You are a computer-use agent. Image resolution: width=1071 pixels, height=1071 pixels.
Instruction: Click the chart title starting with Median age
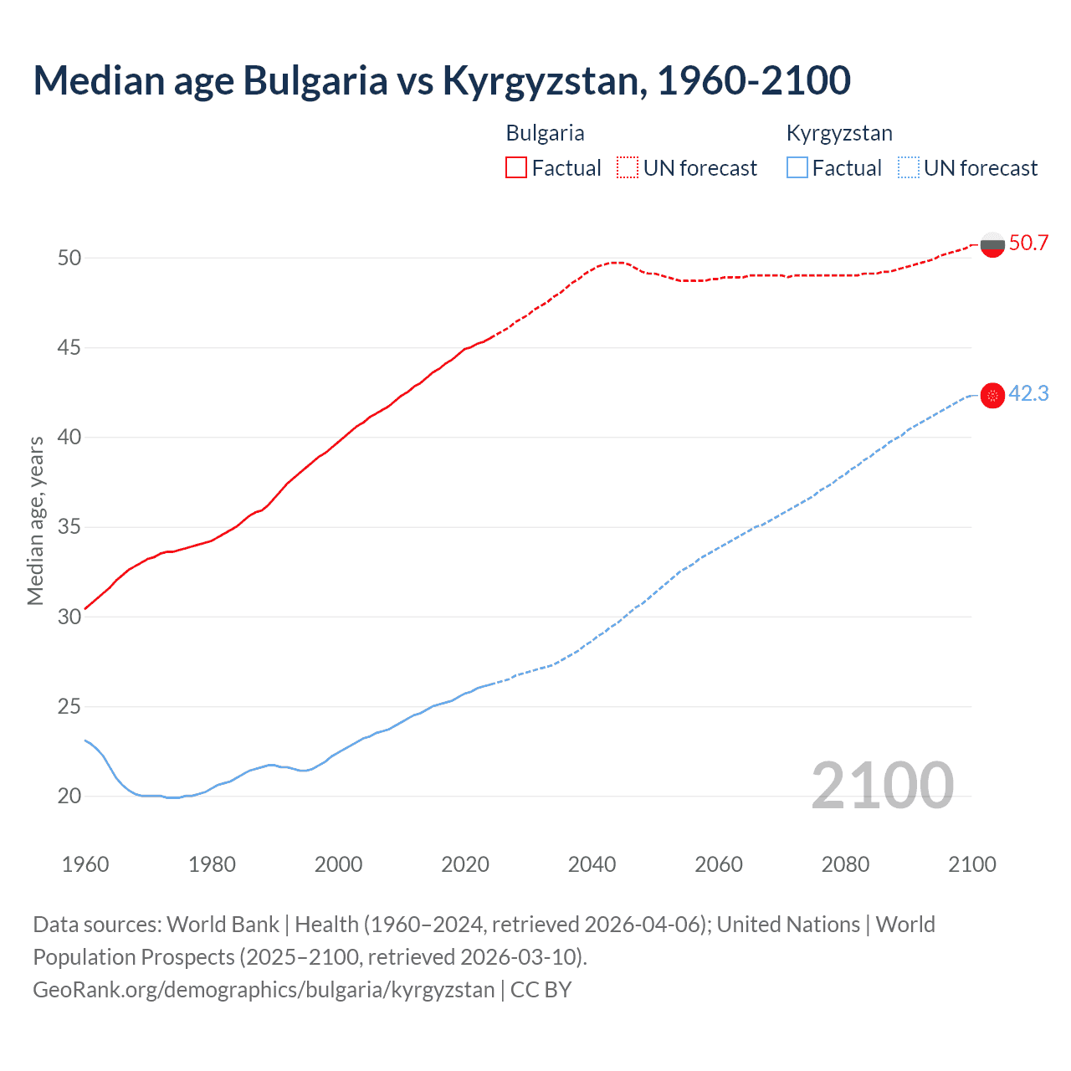(x=442, y=80)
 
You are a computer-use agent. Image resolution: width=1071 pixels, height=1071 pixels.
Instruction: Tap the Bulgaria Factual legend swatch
(x=516, y=168)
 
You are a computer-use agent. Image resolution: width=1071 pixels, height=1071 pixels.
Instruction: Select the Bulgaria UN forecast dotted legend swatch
(x=628, y=168)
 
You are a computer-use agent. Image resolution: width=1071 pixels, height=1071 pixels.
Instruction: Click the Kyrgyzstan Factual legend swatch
(x=797, y=168)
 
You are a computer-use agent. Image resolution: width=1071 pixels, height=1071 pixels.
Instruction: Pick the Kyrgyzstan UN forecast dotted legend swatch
(x=909, y=168)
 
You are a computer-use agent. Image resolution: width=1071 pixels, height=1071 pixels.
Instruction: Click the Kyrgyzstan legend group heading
(x=839, y=133)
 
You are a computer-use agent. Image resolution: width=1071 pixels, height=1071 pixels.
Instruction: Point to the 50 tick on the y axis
(x=69, y=258)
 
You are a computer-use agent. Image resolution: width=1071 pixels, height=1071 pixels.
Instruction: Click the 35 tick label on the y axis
(x=69, y=527)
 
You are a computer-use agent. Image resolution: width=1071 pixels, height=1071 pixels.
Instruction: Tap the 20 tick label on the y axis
(x=69, y=796)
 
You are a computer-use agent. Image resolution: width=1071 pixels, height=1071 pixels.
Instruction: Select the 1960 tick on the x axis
(x=85, y=864)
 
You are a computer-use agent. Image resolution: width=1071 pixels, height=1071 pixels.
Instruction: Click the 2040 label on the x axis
(x=592, y=864)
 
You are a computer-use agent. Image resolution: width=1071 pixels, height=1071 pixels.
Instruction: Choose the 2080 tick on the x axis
(x=845, y=864)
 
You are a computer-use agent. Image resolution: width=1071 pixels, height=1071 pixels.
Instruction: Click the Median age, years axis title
(x=35, y=520)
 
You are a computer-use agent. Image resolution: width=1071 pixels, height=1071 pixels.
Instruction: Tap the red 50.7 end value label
(x=1028, y=243)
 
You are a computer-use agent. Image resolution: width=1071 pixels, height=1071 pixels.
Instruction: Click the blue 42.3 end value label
(x=1028, y=394)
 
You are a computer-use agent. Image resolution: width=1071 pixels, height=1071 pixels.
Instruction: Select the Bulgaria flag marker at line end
(x=992, y=245)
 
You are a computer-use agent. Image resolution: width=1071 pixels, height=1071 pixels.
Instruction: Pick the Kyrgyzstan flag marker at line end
(x=992, y=396)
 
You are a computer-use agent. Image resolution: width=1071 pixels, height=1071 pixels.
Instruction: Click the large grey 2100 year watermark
(x=882, y=785)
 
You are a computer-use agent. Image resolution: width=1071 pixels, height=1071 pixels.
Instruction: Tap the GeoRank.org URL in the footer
(x=264, y=990)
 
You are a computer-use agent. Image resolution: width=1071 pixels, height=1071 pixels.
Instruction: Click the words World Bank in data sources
(x=223, y=925)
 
